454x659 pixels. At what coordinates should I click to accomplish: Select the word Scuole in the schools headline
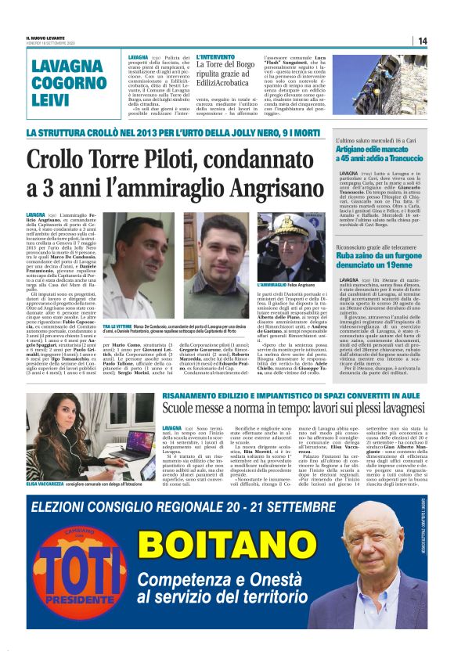pos(182,409)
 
